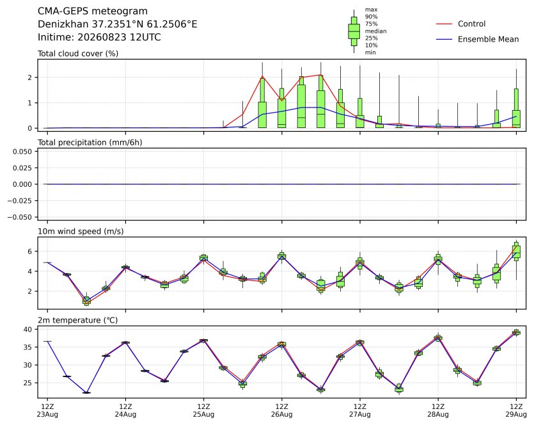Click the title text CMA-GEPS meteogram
point(92,12)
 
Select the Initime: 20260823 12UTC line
point(99,37)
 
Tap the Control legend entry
point(460,24)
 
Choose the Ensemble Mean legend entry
point(477,39)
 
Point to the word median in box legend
point(375,31)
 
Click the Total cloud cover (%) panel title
point(78,54)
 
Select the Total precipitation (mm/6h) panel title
point(90,143)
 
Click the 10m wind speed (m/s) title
point(81,232)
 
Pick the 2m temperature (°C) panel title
point(77,321)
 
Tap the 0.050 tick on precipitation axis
point(22,152)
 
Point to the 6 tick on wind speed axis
point(30,252)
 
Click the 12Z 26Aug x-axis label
point(281,410)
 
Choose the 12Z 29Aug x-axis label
point(516,410)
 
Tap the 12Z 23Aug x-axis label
point(47,410)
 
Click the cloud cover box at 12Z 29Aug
point(516,108)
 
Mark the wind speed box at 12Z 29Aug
point(516,251)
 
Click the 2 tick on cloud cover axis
point(30,77)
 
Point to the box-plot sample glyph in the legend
point(354,31)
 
